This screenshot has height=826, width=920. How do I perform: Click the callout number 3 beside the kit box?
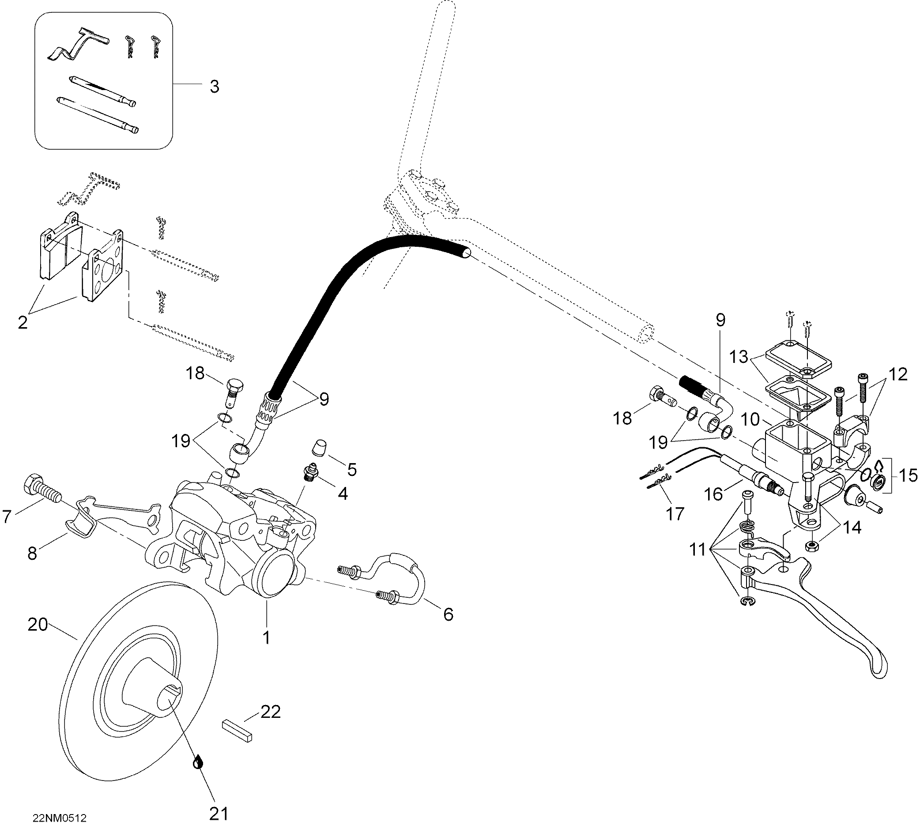[x=214, y=86]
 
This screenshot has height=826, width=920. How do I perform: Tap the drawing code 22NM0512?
[x=60, y=818]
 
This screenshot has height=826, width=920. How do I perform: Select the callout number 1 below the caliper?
[x=267, y=637]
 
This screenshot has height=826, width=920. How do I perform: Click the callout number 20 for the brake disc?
[x=38, y=625]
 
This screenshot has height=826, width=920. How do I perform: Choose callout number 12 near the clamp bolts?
[x=898, y=374]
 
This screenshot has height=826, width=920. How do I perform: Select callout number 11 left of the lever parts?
[x=698, y=550]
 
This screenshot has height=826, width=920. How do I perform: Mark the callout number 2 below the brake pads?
[x=22, y=322]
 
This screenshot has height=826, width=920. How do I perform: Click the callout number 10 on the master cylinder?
[x=750, y=419]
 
